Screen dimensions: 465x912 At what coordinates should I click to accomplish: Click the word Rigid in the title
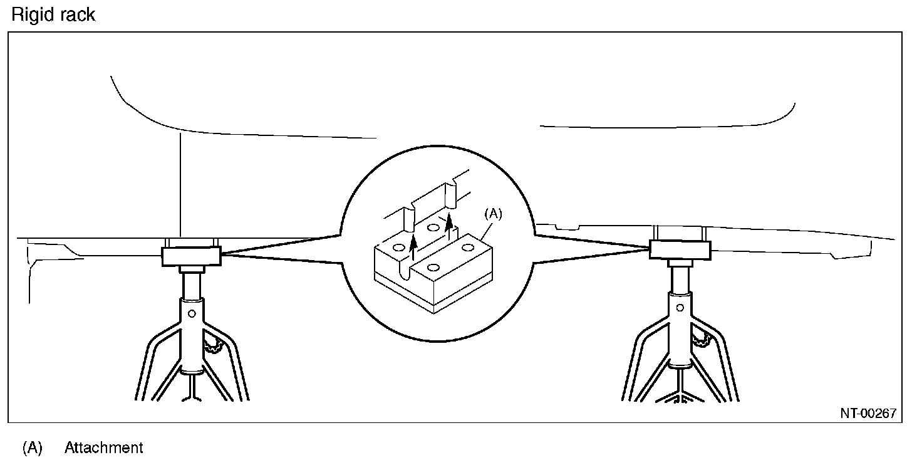pos(31,14)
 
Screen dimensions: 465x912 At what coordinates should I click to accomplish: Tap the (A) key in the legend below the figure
pos(32,448)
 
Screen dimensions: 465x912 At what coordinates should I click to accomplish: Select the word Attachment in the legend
pos(103,448)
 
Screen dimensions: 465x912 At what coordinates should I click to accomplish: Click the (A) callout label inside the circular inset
pos(493,214)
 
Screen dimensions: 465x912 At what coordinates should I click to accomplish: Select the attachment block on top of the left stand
pos(191,256)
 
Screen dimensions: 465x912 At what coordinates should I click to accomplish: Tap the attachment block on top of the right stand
pos(680,250)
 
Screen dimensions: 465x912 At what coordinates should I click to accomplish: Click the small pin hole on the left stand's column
pos(192,313)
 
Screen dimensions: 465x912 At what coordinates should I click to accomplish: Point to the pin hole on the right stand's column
pos(680,308)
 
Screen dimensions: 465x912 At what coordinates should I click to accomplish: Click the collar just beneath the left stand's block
pos(191,269)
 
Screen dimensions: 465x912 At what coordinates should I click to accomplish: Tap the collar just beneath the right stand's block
pos(680,263)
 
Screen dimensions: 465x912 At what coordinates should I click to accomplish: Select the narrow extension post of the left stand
pos(191,285)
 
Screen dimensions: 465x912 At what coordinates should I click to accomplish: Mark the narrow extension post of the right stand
pos(680,279)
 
